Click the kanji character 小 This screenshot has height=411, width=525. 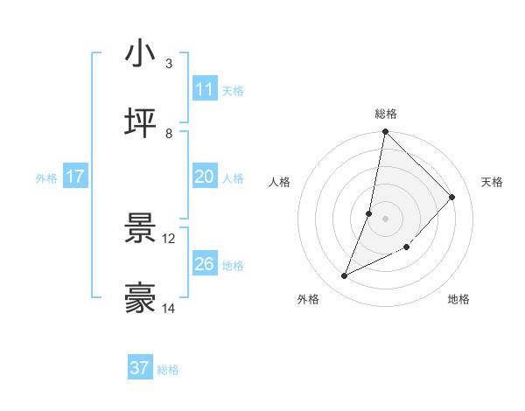tap(141, 54)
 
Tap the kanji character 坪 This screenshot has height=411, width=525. tap(141, 124)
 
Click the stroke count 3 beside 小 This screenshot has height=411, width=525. tap(169, 64)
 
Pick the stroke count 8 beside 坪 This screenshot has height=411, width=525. tap(169, 134)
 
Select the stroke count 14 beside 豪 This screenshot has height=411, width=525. tap(169, 309)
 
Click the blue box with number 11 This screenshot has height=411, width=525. tap(205, 89)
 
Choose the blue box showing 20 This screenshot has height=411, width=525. tap(205, 177)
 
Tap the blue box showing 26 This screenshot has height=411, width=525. tap(205, 264)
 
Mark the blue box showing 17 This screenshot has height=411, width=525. tap(75, 177)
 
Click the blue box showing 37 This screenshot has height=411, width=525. tap(140, 368)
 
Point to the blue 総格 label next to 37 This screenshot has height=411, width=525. tap(168, 370)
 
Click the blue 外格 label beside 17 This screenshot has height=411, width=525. tap(46, 178)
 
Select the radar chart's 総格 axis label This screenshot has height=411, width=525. tap(386, 114)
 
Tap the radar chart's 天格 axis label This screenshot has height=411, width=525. tap(492, 182)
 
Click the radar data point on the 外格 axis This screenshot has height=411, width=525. tap(345, 276)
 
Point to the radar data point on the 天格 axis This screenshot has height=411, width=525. tap(452, 197)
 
